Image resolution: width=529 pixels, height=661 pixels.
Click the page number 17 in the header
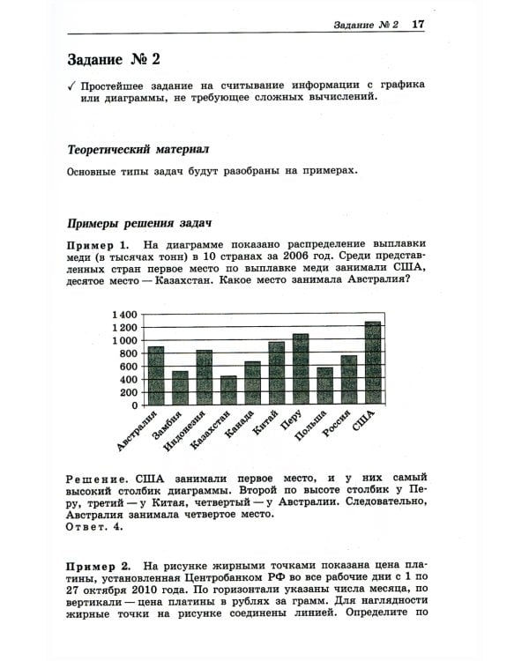pyautogui.click(x=418, y=25)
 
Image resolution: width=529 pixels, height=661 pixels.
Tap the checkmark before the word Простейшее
pyautogui.click(x=71, y=86)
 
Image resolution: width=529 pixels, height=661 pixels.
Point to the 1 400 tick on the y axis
pyautogui.click(x=125, y=315)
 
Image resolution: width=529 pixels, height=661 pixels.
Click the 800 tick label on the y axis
pyautogui.click(x=129, y=353)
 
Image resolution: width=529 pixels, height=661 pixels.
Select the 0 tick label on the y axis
pyautogui.click(x=135, y=405)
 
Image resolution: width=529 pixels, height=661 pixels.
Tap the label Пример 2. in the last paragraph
pyautogui.click(x=99, y=563)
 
